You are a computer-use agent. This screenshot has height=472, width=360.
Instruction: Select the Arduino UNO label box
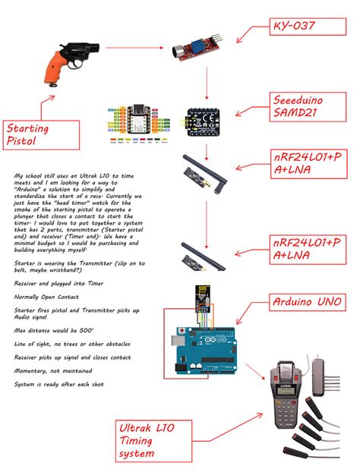(x=308, y=303)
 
